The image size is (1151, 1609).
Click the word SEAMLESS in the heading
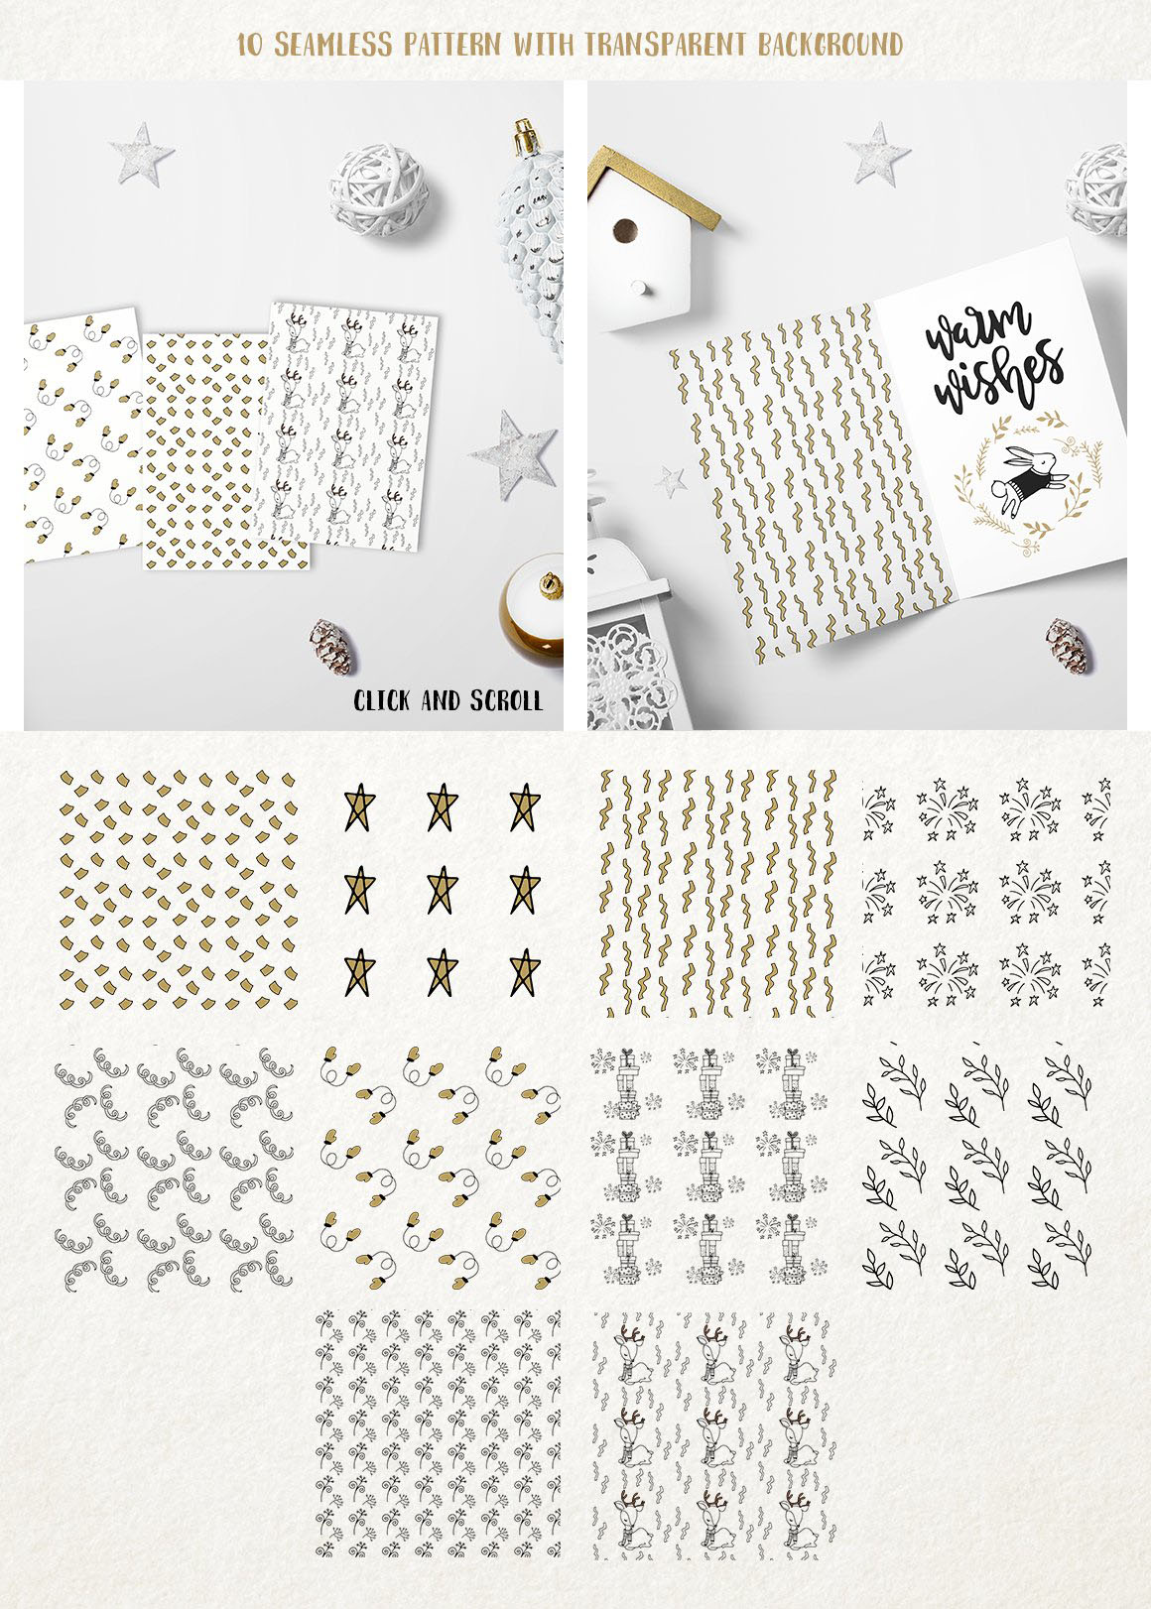[x=333, y=45]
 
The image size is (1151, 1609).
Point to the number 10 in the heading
[x=250, y=46]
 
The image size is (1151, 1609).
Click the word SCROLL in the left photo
[x=506, y=700]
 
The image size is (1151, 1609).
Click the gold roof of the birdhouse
[x=654, y=185]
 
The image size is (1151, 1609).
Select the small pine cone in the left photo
[x=332, y=647]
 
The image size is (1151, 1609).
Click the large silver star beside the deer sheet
[x=514, y=453]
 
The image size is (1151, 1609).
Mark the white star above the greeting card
[x=876, y=154]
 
